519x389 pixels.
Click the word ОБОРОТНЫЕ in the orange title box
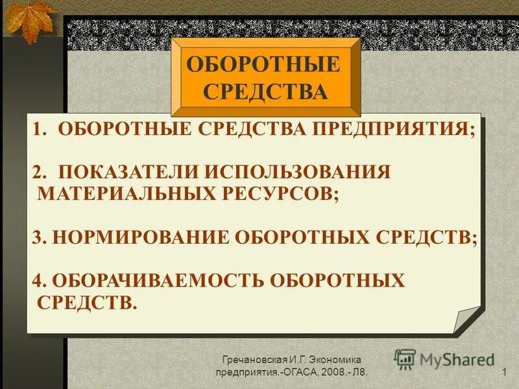pyautogui.click(x=263, y=65)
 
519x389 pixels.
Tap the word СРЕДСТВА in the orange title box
pyautogui.click(x=265, y=91)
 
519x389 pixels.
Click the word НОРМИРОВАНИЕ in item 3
pyautogui.click(x=141, y=237)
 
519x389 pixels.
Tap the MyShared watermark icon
pyautogui.click(x=405, y=359)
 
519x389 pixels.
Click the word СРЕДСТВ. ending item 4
pyautogui.click(x=88, y=302)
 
